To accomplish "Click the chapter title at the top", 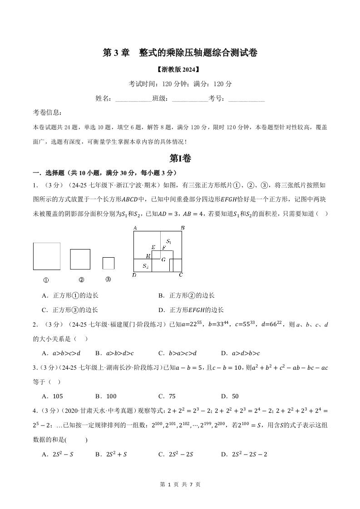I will point(180,53).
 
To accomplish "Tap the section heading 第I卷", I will point(180,158).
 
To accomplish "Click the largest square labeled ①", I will point(46,256).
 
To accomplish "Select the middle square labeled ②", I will point(80,259).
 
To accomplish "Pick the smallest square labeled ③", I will point(108,263).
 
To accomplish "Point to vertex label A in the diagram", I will point(135,228).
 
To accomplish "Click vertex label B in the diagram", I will point(182,228).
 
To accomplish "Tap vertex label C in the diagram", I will point(180,275).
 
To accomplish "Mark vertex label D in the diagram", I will point(134,275).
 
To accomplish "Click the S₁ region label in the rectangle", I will point(168,241).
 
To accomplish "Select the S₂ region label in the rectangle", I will point(145,266).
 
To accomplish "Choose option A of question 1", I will point(70,296).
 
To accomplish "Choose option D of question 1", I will point(191,310).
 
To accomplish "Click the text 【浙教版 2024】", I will point(180,70).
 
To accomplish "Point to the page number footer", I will point(180,485).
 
